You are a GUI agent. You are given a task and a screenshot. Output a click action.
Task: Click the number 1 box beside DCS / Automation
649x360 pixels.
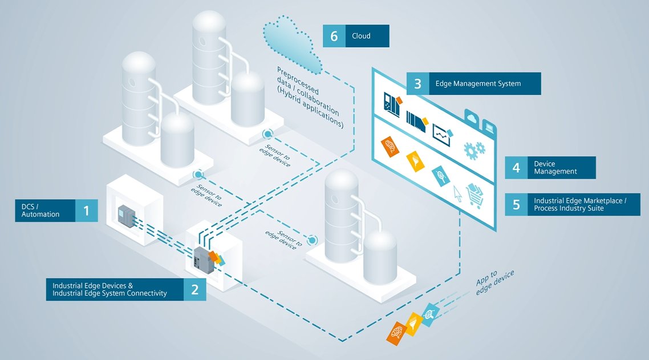coord(86,211)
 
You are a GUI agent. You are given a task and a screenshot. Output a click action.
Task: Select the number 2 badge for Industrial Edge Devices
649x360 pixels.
coord(194,289)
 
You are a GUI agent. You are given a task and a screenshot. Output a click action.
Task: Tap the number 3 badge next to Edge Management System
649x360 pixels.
coord(417,84)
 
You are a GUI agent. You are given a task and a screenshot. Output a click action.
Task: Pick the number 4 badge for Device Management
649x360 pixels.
coord(516,168)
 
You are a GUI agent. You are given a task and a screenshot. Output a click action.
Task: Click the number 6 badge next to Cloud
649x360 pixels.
coord(334,36)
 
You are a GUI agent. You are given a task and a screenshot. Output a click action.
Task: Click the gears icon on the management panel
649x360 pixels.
coord(474,150)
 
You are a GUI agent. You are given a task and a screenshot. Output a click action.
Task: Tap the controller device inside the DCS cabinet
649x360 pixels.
coord(124,216)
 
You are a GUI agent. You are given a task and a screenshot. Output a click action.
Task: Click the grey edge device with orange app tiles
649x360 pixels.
coord(203,260)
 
